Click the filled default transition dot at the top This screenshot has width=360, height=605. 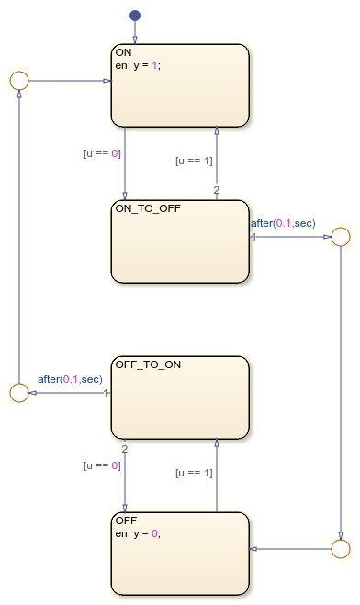click(135, 16)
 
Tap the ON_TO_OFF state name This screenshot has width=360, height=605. click(148, 208)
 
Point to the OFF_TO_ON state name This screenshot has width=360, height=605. click(148, 364)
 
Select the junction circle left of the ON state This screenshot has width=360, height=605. click(17, 80)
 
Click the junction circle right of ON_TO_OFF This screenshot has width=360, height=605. click(340, 237)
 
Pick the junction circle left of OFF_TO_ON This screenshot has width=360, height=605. click(17, 393)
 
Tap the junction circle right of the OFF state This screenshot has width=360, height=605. click(340, 549)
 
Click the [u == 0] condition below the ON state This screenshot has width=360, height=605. click(102, 153)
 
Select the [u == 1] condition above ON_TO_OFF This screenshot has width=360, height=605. click(194, 161)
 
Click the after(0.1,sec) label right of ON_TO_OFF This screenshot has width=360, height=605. click(283, 223)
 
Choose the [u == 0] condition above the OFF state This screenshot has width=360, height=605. click(102, 465)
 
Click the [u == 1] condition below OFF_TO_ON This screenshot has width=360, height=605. click(194, 473)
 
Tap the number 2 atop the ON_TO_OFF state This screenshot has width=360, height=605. click(216, 191)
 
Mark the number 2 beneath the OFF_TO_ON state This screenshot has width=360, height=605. click(125, 450)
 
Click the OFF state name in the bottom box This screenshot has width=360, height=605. click(126, 521)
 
